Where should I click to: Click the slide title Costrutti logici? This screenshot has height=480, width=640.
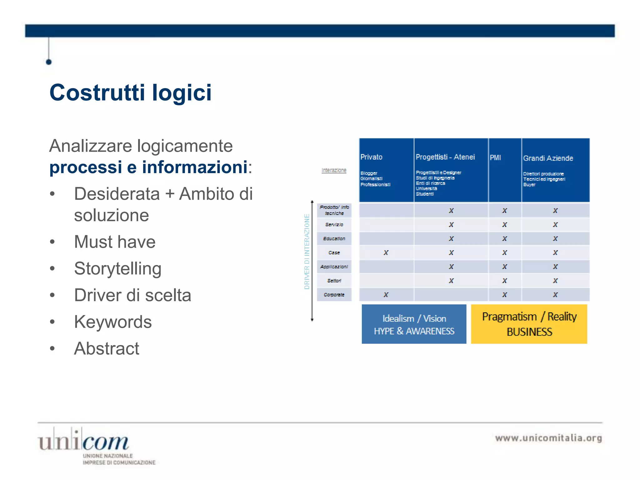(x=130, y=93)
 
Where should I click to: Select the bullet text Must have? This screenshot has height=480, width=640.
(x=114, y=242)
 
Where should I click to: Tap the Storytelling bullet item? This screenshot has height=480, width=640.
(x=117, y=268)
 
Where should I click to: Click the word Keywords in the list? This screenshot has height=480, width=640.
(x=112, y=322)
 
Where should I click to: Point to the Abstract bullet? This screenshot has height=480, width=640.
(x=106, y=348)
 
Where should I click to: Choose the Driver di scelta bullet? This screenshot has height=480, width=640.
(x=132, y=295)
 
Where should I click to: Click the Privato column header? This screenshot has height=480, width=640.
(x=371, y=157)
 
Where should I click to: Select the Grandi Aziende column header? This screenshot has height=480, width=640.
(x=548, y=158)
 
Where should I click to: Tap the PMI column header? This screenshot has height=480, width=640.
(x=495, y=157)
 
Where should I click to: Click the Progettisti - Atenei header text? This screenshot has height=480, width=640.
(x=445, y=157)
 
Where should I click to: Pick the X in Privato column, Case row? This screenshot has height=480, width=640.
(x=386, y=252)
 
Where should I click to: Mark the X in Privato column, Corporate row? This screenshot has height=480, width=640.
(x=386, y=295)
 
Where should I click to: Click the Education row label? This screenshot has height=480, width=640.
(x=334, y=239)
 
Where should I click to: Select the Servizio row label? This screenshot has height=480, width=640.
(x=334, y=225)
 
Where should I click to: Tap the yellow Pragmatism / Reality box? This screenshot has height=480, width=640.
(x=529, y=324)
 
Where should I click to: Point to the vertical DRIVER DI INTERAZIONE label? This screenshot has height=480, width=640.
(x=307, y=252)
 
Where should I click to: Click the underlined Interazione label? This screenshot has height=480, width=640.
(x=334, y=170)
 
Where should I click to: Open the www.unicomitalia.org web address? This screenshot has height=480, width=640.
(x=548, y=438)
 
